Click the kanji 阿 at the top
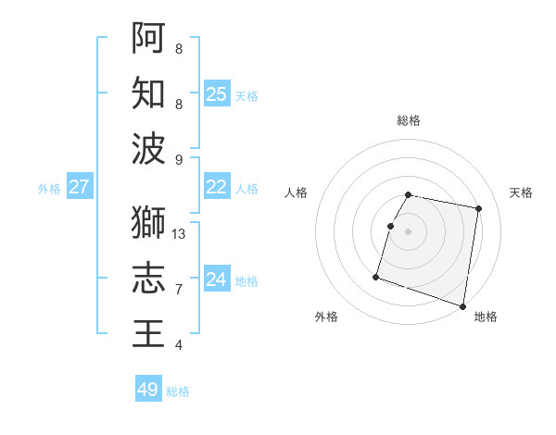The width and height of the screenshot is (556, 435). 148,38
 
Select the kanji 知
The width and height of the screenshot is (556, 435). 148,93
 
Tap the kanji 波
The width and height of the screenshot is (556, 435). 148,149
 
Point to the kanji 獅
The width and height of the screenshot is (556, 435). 148,222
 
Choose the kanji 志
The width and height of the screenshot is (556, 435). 148,279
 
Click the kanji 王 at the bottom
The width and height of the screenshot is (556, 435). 148,334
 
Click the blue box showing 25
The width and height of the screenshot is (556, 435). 216,93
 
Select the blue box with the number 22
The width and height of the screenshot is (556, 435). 216,187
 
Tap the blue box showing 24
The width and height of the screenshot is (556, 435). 216,280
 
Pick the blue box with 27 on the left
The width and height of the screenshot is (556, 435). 79,187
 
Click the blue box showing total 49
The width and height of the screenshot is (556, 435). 148,390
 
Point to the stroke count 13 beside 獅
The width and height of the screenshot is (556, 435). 179,234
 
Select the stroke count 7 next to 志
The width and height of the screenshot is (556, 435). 179,290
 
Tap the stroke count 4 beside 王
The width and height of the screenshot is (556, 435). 179,345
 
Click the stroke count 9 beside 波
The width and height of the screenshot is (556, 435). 179,160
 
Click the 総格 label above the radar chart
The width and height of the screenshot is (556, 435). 409,120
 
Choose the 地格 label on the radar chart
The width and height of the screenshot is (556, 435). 486,317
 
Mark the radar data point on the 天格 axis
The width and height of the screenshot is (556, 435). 478,210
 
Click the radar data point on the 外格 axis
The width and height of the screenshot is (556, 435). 376,277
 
